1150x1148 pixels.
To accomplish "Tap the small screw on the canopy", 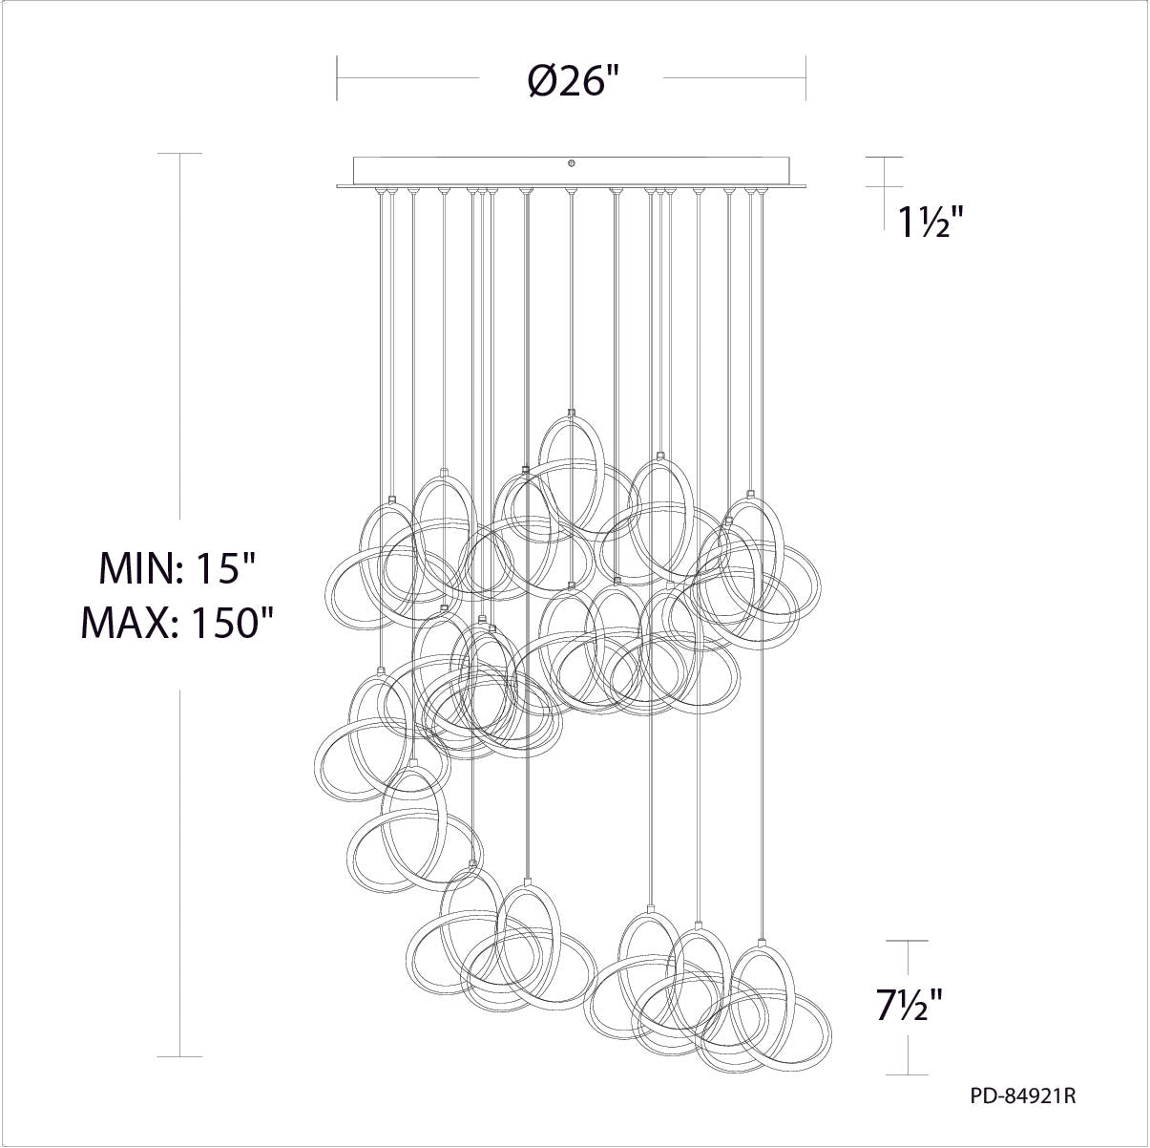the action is click(572, 162).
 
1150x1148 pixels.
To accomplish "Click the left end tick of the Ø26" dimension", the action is click(337, 78).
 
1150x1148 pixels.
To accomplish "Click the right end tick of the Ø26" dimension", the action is click(806, 78).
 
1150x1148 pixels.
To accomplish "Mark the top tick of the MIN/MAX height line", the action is click(179, 154).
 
